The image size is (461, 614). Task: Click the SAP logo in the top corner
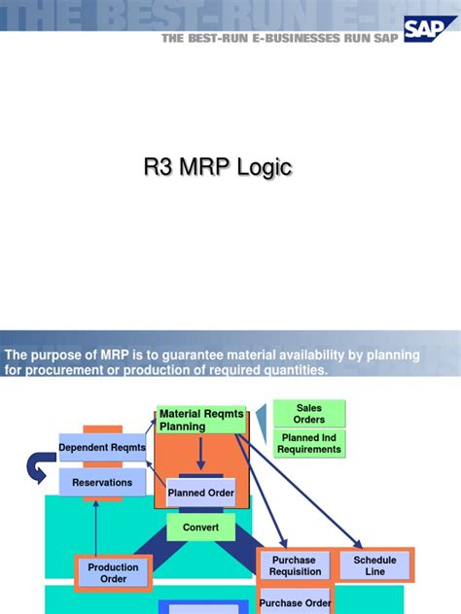[430, 34]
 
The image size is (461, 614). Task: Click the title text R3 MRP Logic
[217, 168]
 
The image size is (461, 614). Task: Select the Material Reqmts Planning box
[195, 420]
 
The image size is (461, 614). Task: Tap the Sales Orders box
[309, 413]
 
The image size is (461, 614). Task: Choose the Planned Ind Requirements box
[309, 444]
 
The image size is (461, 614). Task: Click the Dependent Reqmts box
[102, 448]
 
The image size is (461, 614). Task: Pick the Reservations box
[102, 482]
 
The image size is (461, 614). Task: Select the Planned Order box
[200, 493]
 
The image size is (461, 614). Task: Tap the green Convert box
[200, 528]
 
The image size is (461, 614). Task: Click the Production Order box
[114, 573]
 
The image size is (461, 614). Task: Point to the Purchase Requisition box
[295, 566]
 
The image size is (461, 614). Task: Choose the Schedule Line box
[374, 565]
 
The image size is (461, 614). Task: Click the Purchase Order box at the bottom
[295, 603]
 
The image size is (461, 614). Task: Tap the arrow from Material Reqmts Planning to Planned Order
[200, 455]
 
